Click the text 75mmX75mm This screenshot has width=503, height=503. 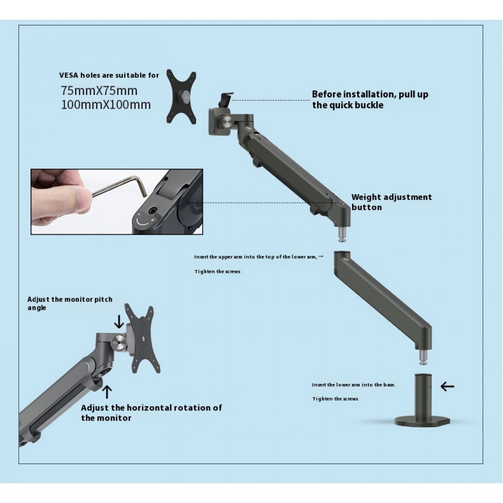[99, 91]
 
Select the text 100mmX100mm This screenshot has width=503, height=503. [106, 105]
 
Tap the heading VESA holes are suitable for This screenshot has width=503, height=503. [109, 75]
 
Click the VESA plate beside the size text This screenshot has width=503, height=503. [181, 97]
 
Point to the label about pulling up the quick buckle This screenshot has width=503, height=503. [370, 100]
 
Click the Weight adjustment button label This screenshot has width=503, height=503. [392, 202]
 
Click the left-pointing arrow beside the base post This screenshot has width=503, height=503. [447, 387]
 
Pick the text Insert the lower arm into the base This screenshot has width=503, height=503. [354, 385]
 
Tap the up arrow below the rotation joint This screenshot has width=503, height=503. [107, 392]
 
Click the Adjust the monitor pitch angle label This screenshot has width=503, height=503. [70, 303]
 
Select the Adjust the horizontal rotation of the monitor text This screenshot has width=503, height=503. [151, 413]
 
